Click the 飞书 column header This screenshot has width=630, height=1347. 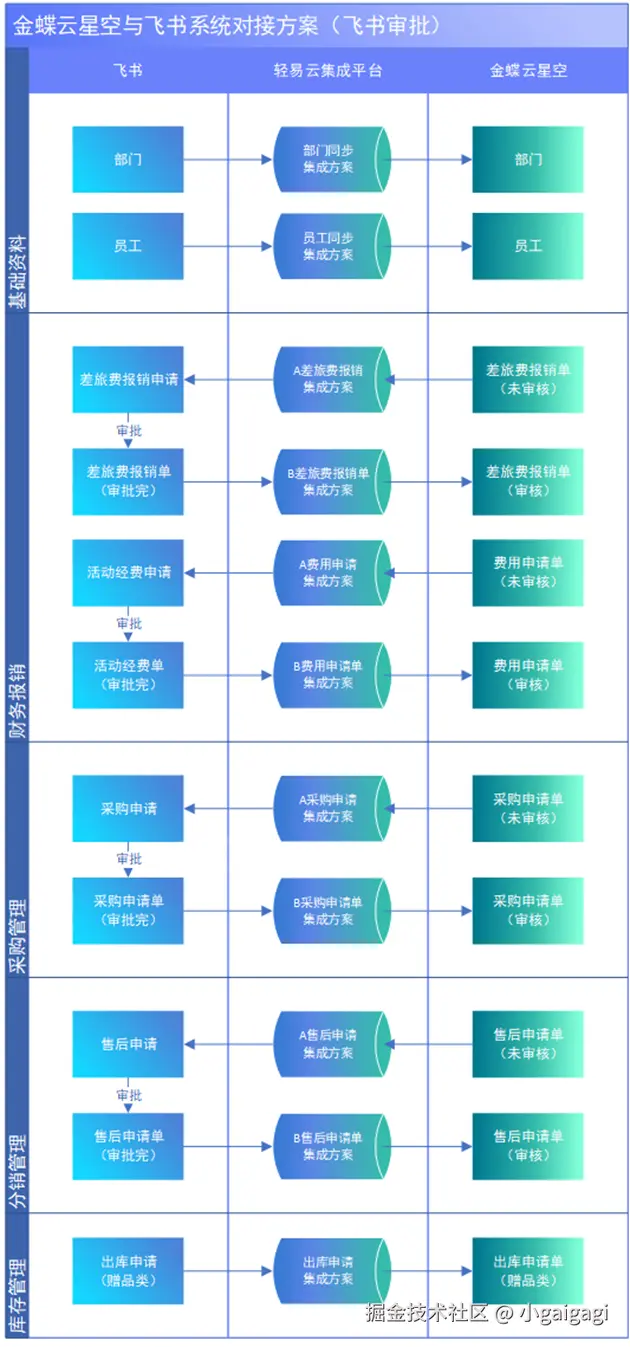[x=128, y=71]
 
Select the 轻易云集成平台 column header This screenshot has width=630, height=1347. [x=328, y=71]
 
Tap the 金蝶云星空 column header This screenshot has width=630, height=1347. [x=528, y=71]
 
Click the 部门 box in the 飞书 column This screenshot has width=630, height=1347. [x=128, y=159]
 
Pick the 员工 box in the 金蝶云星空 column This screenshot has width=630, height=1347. [x=528, y=246]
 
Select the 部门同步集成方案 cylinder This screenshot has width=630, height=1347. [x=329, y=159]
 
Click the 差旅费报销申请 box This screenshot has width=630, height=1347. [x=128, y=379]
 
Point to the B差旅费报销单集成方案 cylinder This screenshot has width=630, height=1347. [x=329, y=481]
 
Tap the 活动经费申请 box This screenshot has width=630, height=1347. [x=128, y=573]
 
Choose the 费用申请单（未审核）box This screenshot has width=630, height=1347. [x=528, y=573]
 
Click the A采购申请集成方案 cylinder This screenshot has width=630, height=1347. [x=329, y=808]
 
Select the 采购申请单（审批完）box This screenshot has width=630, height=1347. [x=128, y=910]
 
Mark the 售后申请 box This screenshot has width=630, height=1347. [x=128, y=1044]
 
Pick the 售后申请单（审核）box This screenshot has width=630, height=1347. [x=528, y=1146]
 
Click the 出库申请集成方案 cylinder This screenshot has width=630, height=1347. [x=329, y=1271]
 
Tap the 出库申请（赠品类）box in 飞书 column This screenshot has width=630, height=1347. [x=128, y=1271]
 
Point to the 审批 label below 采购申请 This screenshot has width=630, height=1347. [x=129, y=859]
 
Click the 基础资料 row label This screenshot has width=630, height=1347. [x=17, y=272]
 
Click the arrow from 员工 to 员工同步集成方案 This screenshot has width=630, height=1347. [x=228, y=246]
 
